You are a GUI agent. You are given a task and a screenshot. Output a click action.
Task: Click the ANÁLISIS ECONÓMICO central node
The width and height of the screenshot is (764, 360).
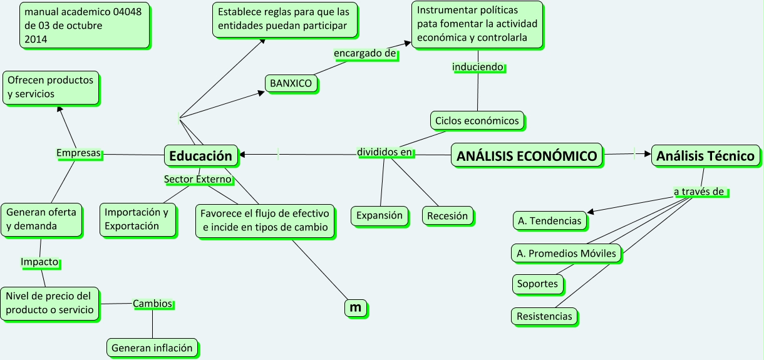coord(527,156)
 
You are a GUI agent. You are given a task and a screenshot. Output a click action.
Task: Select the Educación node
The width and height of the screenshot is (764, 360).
coord(201,156)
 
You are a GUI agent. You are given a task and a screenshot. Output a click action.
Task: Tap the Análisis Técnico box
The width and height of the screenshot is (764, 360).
coord(705,156)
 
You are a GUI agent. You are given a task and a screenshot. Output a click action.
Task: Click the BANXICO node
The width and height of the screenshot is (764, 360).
coord(291,83)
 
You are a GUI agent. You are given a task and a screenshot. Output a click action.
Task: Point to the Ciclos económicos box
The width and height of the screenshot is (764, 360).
coord(477,120)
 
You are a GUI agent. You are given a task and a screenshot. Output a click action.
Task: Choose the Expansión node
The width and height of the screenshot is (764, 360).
coord(379,215)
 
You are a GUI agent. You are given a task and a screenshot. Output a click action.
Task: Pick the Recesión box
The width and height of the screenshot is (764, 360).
coord(447,216)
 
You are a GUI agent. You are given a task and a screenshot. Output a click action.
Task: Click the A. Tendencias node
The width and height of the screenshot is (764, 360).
coord(549,220)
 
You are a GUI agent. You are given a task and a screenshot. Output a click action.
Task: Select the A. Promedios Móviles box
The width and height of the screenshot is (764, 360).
coord(566,254)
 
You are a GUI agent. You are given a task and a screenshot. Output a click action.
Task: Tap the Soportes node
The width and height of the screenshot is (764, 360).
coord(537,284)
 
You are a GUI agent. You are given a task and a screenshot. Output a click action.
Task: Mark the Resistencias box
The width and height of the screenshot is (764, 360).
coord(544,316)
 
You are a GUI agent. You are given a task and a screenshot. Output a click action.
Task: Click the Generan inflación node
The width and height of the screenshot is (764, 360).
coord(152,347)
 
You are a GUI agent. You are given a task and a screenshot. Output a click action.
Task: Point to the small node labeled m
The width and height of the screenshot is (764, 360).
coord(356,307)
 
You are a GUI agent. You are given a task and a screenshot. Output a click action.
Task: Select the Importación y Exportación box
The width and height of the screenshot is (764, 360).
coord(137,219)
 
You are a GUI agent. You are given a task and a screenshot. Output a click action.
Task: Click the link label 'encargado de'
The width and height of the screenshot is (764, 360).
coord(365,54)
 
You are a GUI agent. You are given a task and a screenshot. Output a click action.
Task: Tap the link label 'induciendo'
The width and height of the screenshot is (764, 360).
coord(478,66)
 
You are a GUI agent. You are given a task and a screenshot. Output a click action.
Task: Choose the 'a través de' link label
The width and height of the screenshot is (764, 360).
coord(699,192)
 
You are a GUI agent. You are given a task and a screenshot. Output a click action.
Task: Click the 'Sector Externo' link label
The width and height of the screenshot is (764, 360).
coord(198,179)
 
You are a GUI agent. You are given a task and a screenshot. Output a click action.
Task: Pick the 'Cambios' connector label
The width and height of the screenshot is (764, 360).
coord(152,304)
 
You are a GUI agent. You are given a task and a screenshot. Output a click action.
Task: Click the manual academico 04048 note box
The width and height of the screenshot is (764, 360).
coord(85,25)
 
